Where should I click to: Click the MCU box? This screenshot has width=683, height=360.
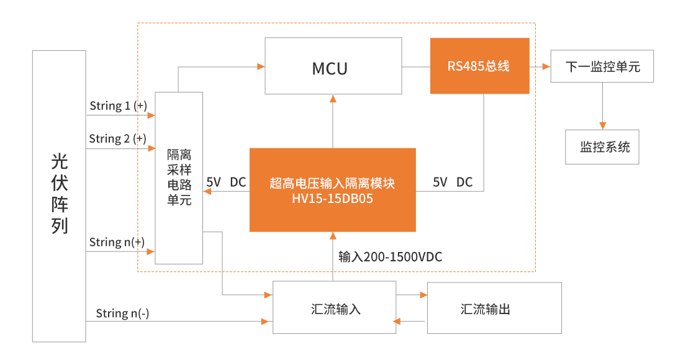[333, 66]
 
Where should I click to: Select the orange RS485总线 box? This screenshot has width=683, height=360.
[479, 66]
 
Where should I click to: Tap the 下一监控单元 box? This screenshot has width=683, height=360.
[602, 66]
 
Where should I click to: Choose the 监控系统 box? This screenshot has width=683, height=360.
[602, 147]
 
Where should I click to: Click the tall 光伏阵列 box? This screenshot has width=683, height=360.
[59, 196]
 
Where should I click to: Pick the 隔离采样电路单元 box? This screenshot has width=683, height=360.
[179, 177]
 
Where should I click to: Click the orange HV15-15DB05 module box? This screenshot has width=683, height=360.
[332, 189]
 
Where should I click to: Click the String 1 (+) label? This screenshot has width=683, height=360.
[118, 106]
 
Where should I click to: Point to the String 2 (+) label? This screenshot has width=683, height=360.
[118, 138]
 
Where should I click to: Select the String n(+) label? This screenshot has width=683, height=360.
[117, 242]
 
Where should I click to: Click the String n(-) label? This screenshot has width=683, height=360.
[122, 314]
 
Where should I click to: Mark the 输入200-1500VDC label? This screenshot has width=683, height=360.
[390, 256]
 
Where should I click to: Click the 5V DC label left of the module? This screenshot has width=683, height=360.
[226, 182]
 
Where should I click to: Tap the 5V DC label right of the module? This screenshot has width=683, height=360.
[453, 182]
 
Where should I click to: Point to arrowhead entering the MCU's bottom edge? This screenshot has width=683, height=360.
[333, 99]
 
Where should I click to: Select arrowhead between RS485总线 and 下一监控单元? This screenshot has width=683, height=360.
[546, 66]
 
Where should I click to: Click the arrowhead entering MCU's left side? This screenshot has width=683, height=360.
[261, 66]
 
